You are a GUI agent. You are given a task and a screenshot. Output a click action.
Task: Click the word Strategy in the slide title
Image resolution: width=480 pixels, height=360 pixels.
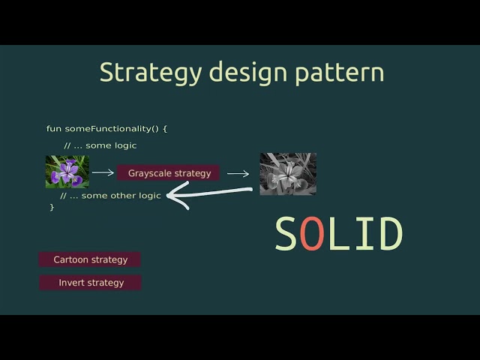tap(151, 73)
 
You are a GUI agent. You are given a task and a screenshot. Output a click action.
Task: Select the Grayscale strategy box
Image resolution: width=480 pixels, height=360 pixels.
tap(169, 173)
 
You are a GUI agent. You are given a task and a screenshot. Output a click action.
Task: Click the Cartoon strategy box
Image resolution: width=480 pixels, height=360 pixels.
tap(90, 259)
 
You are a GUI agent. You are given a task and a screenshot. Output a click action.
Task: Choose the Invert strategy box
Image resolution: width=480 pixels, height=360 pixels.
tap(90, 283)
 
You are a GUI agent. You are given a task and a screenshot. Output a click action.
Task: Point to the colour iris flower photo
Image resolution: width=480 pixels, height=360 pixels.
tap(67, 172)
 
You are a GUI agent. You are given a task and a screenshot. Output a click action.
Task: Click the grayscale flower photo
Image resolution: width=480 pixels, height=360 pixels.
tap(288, 174)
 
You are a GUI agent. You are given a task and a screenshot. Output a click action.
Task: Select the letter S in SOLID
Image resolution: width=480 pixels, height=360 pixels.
tap(286, 234)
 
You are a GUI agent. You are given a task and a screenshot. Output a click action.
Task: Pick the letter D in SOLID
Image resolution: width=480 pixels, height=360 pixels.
tap(390, 234)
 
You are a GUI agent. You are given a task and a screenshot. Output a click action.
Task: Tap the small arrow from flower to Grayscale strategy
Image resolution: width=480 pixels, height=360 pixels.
tap(103, 172)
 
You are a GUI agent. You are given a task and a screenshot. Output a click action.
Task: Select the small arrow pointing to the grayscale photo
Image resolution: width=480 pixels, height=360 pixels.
tap(238, 173)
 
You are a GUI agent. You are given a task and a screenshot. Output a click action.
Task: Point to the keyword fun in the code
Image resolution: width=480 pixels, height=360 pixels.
tap(53, 128)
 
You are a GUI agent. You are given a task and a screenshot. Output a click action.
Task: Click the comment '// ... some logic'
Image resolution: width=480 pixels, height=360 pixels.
tap(100, 145)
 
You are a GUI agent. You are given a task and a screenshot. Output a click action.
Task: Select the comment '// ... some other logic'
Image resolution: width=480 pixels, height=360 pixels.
tap(110, 196)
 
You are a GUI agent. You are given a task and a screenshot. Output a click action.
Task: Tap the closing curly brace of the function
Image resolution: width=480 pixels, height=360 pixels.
tap(52, 207)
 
